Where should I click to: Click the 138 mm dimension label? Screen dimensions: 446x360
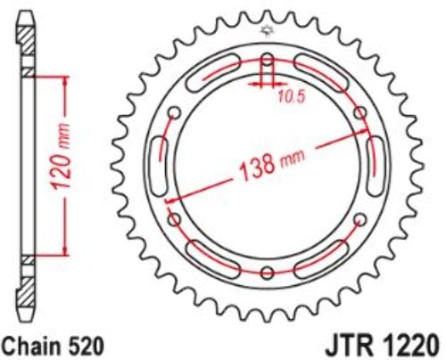(x=272, y=165)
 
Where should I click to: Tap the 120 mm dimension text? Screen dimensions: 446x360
(x=61, y=157)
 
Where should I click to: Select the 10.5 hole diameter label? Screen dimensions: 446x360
(x=293, y=96)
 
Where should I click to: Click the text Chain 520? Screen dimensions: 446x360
(x=54, y=346)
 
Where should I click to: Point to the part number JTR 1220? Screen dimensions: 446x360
(x=382, y=345)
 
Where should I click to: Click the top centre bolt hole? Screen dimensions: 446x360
(x=268, y=60)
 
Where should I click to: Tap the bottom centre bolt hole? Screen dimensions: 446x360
(x=268, y=273)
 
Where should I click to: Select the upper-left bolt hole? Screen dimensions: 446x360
(x=174, y=113)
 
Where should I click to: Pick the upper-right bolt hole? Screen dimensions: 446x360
(x=360, y=113)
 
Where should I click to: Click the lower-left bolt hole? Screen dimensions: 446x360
(x=174, y=219)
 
